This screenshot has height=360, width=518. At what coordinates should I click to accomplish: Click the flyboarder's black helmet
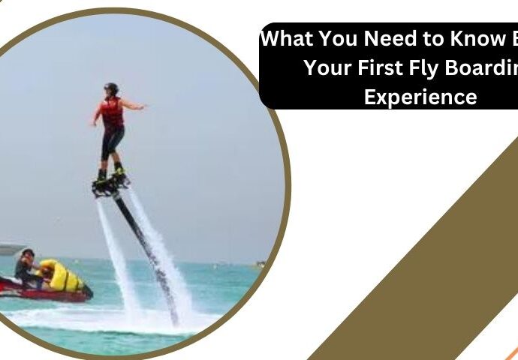pyautogui.click(x=112, y=88)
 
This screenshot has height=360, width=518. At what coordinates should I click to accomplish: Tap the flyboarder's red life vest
pyautogui.click(x=113, y=113)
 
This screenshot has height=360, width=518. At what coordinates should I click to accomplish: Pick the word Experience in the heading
pyautogui.click(x=420, y=97)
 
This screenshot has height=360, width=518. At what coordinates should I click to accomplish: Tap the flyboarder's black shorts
pyautogui.click(x=113, y=142)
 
